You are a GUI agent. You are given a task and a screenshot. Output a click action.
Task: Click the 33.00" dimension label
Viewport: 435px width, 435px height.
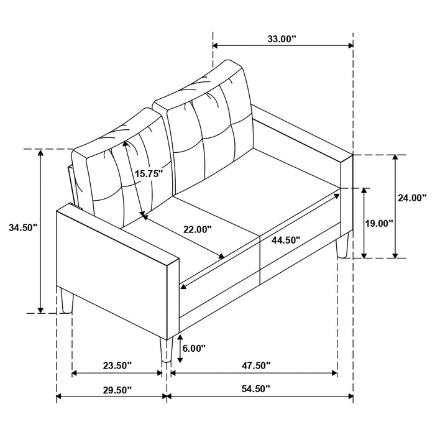click(x=282, y=39)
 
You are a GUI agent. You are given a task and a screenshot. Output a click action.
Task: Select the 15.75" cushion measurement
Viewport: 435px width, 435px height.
click(x=149, y=175)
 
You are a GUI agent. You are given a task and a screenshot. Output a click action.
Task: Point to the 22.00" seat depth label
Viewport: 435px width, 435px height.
click(x=197, y=229)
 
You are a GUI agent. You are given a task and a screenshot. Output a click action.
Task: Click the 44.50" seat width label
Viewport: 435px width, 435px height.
click(x=286, y=239)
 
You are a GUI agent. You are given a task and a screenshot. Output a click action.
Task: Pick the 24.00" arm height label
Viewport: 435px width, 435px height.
click(x=411, y=198)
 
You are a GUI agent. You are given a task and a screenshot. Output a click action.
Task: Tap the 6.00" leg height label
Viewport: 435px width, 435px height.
click(x=193, y=349)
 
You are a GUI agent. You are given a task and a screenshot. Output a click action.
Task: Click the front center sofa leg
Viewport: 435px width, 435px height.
click(x=165, y=351)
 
